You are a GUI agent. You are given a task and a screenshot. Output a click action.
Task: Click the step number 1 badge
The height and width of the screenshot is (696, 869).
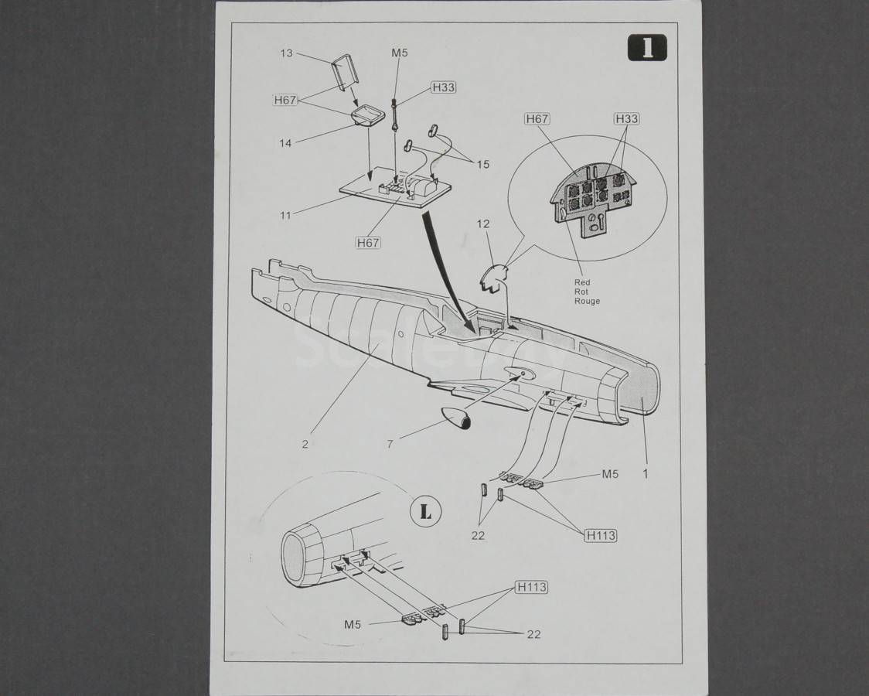(647, 48)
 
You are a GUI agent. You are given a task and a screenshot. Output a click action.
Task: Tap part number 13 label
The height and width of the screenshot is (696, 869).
(287, 53)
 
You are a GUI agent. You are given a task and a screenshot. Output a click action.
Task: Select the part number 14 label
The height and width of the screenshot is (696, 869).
(285, 143)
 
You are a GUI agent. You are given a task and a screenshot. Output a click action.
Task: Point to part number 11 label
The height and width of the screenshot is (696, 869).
(285, 215)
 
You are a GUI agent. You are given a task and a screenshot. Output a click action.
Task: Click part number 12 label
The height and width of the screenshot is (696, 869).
(483, 223)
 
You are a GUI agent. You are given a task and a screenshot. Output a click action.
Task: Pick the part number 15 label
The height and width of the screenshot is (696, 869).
(483, 164)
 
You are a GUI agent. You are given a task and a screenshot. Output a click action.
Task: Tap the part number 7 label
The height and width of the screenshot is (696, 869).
(390, 444)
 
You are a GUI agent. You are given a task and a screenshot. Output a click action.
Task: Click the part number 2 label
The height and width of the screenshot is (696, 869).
(305, 444)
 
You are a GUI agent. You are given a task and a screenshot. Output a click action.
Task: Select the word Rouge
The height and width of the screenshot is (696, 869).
(587, 301)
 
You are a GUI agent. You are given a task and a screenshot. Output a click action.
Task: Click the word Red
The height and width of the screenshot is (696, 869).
(582, 282)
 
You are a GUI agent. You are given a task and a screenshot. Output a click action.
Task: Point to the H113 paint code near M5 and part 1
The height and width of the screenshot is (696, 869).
(601, 535)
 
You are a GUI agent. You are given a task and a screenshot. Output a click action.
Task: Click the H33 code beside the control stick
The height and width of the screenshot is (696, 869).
(443, 87)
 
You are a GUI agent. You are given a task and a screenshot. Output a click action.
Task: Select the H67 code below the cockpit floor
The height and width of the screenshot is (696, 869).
(368, 242)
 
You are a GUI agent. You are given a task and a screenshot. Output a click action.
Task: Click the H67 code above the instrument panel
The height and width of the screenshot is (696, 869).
(537, 118)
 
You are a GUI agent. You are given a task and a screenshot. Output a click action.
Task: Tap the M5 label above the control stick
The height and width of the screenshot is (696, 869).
(400, 53)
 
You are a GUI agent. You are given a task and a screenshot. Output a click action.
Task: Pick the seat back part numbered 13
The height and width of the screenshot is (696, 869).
(343, 72)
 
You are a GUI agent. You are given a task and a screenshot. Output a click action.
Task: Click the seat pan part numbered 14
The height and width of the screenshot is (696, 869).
(368, 116)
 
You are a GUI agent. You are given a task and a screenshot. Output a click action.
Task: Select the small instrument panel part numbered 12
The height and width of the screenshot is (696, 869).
(494, 277)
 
